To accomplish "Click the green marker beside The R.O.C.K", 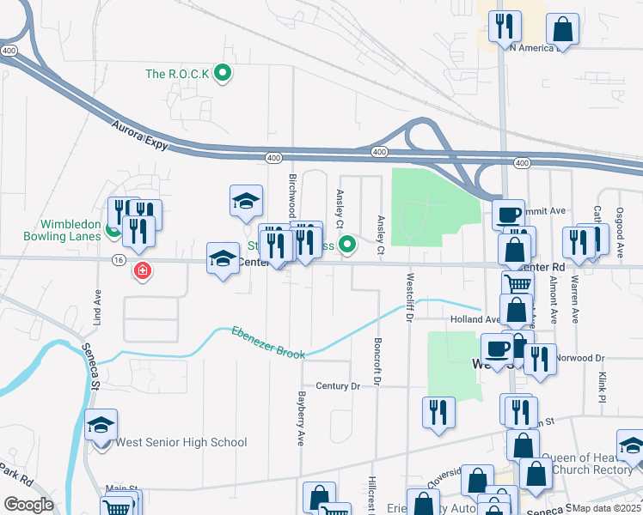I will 223,74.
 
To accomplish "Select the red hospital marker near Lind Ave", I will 142,271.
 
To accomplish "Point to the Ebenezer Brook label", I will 267,342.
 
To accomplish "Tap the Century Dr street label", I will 337,386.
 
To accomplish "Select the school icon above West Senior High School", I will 101,425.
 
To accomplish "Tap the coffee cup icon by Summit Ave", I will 508,214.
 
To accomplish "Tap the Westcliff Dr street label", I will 410,297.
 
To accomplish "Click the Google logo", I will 28,505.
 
